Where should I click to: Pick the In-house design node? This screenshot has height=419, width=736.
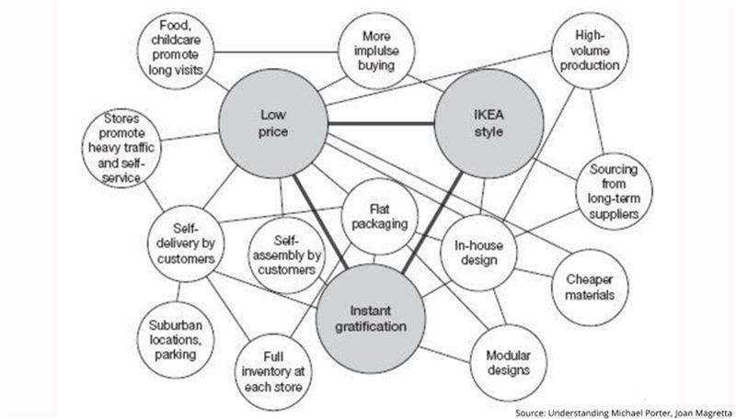(x=476, y=253)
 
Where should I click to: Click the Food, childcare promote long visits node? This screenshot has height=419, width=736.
(x=174, y=48)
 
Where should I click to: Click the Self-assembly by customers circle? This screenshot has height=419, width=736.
(x=287, y=249)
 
